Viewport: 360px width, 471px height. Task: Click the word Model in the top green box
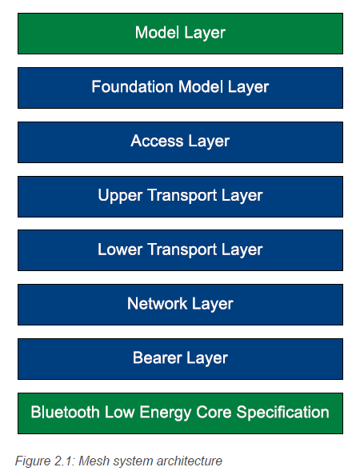[157, 32]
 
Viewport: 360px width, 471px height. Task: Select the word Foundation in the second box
[133, 86]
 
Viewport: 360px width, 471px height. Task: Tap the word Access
[157, 141]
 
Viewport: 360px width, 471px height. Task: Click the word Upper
[120, 196]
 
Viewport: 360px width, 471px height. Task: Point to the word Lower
[120, 249]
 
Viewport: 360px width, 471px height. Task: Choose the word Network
[157, 303]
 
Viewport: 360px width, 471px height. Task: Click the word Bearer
[158, 357]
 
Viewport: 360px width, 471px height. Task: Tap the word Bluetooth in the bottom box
[66, 412]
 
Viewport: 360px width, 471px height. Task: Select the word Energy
[166, 413]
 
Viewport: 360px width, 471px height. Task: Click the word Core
[214, 412]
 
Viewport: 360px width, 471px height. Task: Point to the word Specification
[282, 413]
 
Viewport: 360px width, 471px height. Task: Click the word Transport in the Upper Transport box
[182, 196]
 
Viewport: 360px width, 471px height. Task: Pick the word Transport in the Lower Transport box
[182, 250]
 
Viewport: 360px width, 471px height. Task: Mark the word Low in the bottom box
[119, 412]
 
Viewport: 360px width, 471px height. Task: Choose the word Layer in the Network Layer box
[213, 305]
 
